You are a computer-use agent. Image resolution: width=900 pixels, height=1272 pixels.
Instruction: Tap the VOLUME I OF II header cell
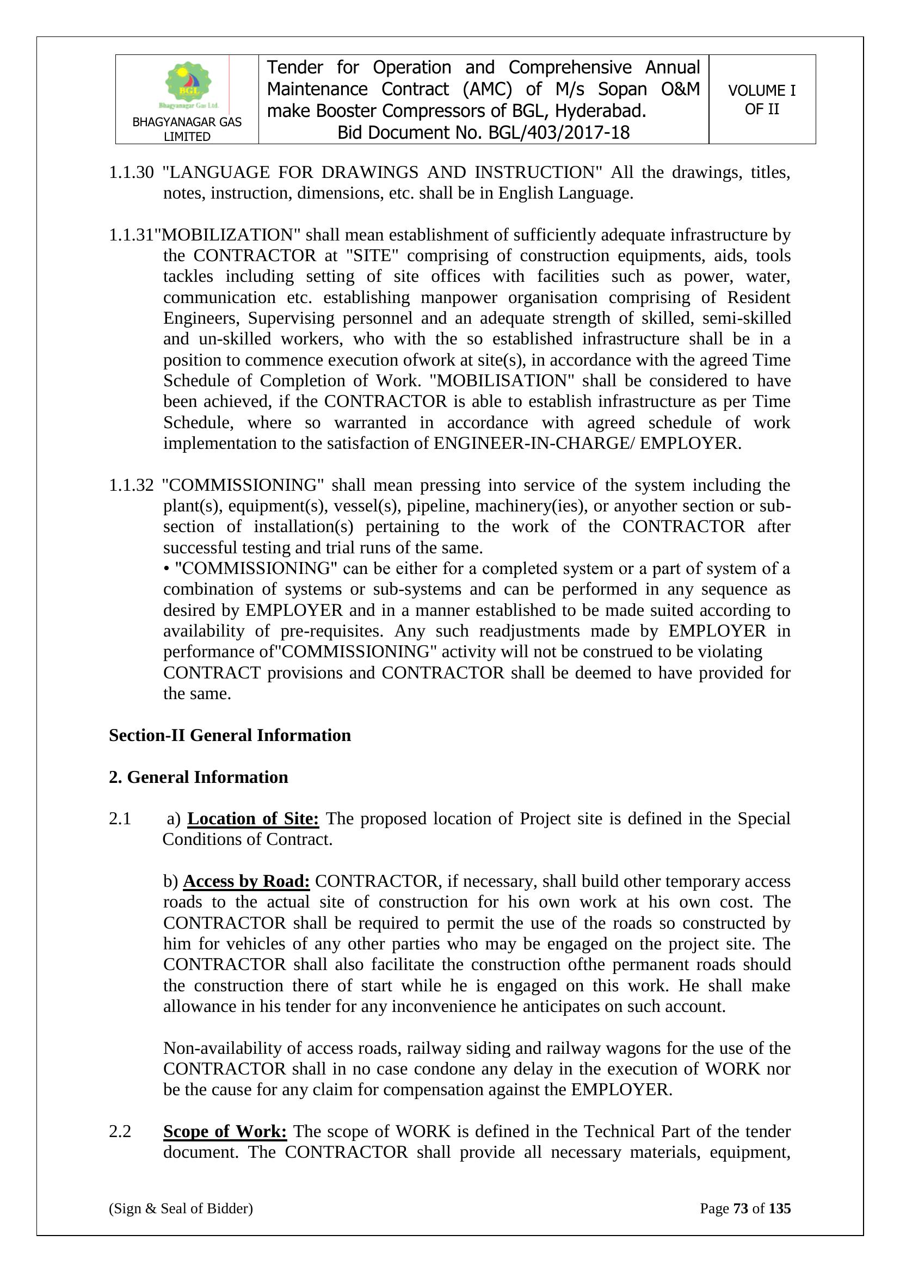(x=761, y=100)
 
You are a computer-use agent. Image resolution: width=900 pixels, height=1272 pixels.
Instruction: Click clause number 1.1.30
(x=131, y=173)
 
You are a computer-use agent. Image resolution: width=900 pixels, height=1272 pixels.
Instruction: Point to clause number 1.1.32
(x=131, y=485)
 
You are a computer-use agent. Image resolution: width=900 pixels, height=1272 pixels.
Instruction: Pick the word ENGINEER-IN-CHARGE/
(x=534, y=444)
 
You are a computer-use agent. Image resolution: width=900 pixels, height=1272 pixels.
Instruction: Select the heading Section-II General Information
(x=230, y=735)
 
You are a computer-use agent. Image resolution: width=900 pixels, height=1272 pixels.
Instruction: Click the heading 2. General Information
(x=199, y=777)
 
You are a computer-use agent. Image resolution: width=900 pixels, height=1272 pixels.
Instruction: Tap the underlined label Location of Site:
(x=253, y=819)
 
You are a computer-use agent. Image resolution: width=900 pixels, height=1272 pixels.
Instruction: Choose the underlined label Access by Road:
(x=246, y=881)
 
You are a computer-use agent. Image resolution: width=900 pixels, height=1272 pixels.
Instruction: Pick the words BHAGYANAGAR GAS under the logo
(x=187, y=122)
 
